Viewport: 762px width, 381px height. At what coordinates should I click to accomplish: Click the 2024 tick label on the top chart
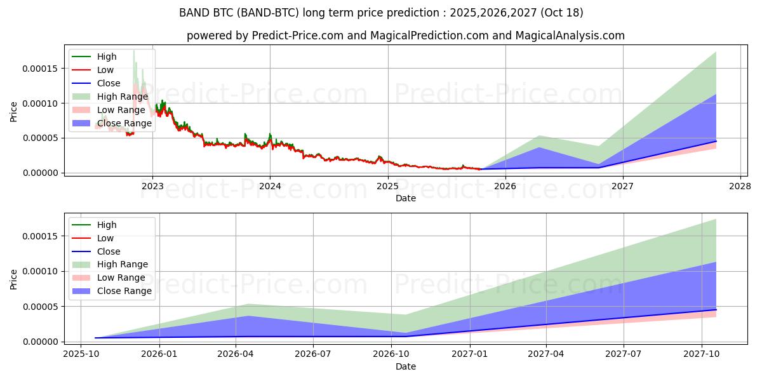click(270, 186)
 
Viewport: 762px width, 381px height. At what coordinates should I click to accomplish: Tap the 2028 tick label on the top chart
click(740, 186)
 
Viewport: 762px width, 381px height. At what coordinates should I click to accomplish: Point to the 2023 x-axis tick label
click(152, 186)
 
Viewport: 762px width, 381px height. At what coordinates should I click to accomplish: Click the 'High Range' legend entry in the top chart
click(122, 97)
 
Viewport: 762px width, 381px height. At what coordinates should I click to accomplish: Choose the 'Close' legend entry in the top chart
click(109, 83)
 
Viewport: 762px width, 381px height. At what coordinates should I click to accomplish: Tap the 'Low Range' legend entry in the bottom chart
click(121, 277)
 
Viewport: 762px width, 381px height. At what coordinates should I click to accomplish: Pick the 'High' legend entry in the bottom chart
click(107, 225)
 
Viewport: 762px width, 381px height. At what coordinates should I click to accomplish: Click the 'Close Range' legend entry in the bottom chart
click(124, 291)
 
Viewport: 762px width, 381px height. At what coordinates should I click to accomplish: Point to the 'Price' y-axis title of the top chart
click(14, 111)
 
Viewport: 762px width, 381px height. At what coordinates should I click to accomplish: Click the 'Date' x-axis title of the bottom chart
click(406, 366)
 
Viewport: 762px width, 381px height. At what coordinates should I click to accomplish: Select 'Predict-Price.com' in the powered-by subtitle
click(298, 36)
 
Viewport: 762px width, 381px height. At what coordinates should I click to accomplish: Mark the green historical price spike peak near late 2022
click(133, 50)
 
